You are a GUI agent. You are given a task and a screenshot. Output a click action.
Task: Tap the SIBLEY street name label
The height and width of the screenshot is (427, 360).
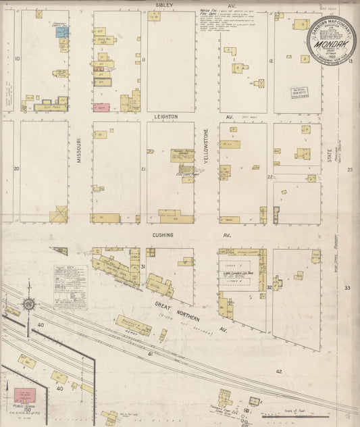(164, 5)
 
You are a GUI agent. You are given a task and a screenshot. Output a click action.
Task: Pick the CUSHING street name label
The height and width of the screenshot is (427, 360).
(162, 235)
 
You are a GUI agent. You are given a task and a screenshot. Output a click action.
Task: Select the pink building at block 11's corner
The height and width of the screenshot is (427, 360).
(102, 107)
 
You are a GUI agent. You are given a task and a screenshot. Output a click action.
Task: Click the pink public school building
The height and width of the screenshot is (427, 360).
(24, 395)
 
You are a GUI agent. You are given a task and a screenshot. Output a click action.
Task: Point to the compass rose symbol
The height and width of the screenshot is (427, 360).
(29, 304)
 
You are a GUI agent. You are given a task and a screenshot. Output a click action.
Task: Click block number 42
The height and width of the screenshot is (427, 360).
(278, 371)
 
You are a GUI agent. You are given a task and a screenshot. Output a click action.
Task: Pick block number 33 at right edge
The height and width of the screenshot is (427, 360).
(347, 288)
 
